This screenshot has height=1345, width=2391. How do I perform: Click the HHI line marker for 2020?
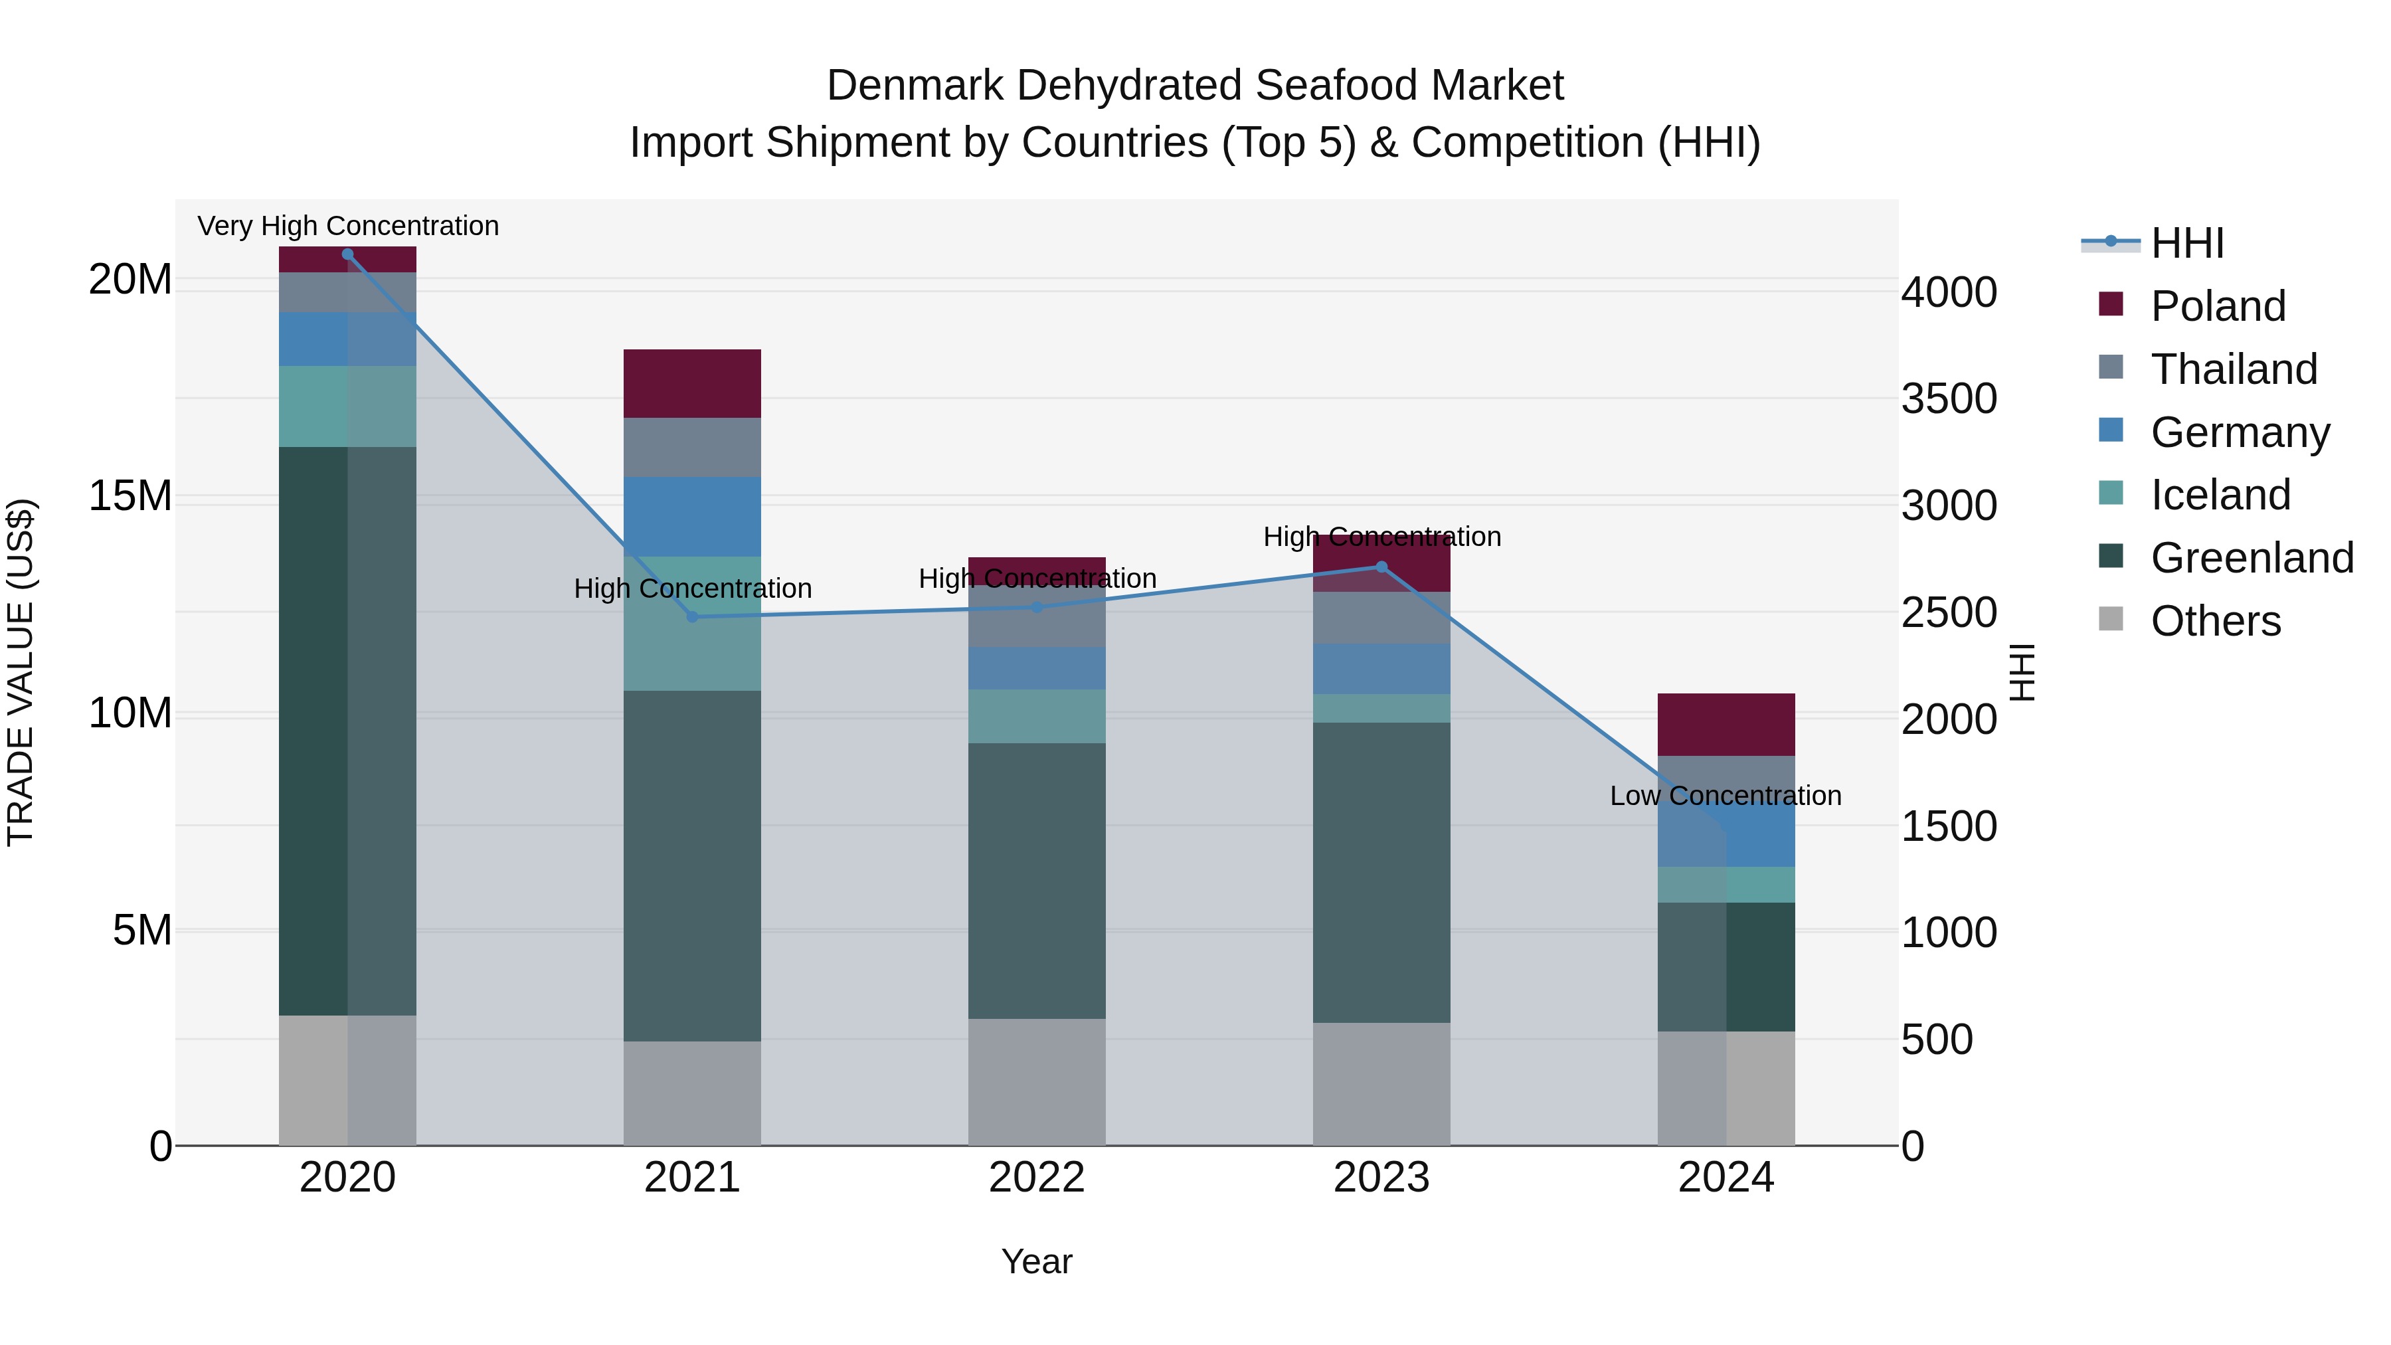coord(348,254)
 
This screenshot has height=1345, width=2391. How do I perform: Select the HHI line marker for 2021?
coord(693,617)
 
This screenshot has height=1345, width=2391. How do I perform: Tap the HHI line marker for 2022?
coord(1037,608)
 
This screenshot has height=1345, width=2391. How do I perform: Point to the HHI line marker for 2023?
coord(1381,567)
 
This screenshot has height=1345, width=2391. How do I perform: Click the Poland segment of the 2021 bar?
coord(693,383)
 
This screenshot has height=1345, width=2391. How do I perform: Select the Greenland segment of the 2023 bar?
coord(1381,873)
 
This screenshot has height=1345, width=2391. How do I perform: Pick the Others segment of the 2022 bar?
coord(1037,1083)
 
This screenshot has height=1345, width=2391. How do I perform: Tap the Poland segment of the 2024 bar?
coord(1726,725)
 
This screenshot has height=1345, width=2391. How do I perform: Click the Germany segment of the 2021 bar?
coord(693,517)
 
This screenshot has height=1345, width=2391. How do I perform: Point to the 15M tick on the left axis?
coord(130,497)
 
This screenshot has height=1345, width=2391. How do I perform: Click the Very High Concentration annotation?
coord(348,226)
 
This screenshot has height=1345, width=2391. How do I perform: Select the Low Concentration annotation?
coord(1726,796)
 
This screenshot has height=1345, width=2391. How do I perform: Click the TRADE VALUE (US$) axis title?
coord(21,672)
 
